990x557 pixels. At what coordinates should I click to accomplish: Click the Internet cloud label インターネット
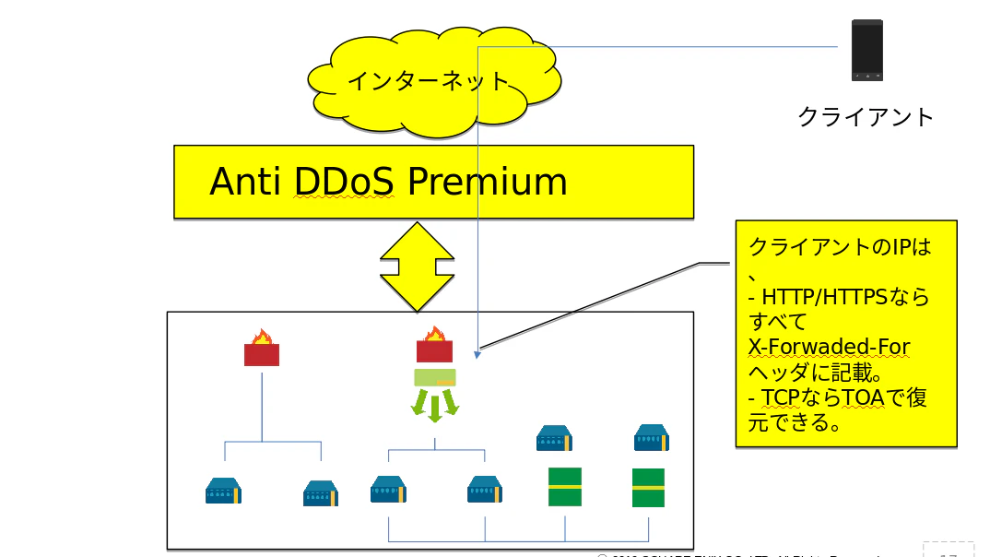(x=429, y=80)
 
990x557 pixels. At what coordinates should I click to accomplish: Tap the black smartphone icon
(x=866, y=51)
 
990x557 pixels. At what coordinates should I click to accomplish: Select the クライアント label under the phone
(x=866, y=116)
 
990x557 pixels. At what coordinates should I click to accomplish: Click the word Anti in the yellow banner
(x=244, y=182)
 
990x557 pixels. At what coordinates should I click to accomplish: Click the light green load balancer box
(x=434, y=376)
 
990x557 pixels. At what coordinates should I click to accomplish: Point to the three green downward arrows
(x=435, y=405)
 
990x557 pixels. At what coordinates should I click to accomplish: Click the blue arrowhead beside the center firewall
(x=477, y=353)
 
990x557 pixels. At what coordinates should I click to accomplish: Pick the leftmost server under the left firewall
(x=223, y=491)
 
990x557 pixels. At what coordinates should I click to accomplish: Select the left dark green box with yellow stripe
(x=565, y=486)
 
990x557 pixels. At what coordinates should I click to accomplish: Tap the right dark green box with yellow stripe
(x=648, y=487)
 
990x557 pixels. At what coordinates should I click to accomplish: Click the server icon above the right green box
(x=651, y=437)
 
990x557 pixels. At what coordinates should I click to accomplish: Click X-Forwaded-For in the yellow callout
(x=830, y=347)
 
